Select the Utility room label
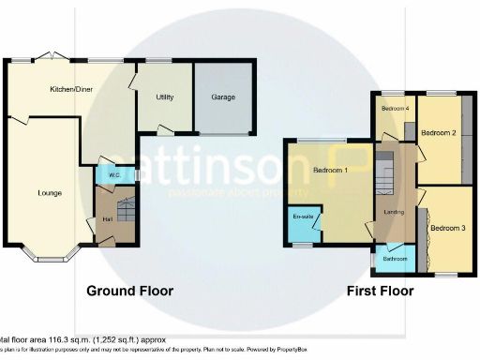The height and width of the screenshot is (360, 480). point(165,97)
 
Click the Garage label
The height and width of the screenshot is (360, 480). point(222,97)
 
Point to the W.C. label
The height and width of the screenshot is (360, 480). point(112,174)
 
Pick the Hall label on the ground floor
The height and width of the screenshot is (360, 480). point(107,221)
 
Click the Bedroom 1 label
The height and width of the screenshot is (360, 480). point(331,171)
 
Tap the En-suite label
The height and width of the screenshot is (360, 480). point(303,217)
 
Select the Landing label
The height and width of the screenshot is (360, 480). point(394,213)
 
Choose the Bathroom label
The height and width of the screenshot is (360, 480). point(395,259)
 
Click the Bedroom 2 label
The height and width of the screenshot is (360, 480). point(438,134)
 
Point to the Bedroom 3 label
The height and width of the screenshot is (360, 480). point(447,228)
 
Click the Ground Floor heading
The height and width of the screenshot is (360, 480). point(130,292)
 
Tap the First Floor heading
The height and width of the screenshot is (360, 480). point(381,292)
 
